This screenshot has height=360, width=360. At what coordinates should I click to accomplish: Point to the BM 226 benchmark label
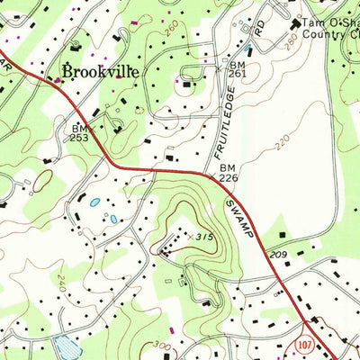(x=227, y=174)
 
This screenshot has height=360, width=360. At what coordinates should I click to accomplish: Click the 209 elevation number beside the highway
(x=278, y=256)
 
